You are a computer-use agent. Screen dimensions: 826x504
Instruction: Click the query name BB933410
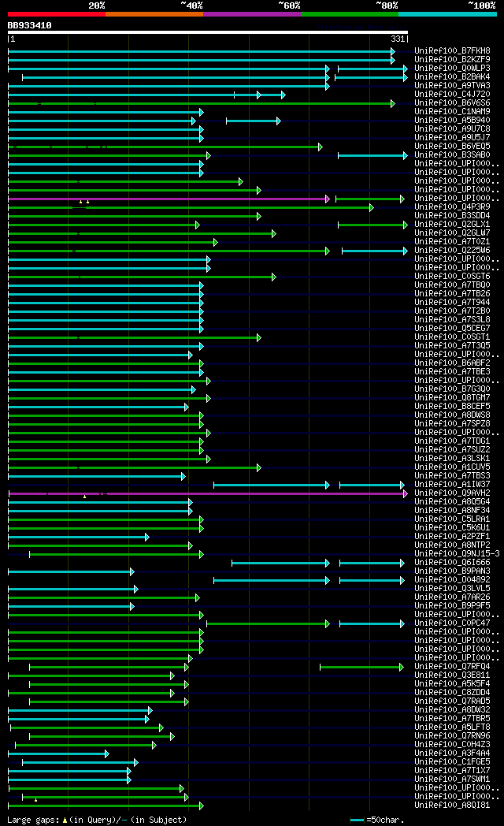[30, 25]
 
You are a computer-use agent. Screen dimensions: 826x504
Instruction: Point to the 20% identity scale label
[96, 6]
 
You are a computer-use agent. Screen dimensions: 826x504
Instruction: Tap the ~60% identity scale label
[289, 6]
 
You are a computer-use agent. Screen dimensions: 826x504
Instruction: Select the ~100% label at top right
[481, 6]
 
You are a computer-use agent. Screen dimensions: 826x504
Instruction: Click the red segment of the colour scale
[56, 14]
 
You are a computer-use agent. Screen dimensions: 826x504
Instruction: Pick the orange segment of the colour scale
[154, 14]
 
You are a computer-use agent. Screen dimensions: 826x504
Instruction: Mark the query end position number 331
[397, 39]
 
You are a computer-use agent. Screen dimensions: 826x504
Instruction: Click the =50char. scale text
[386, 820]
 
